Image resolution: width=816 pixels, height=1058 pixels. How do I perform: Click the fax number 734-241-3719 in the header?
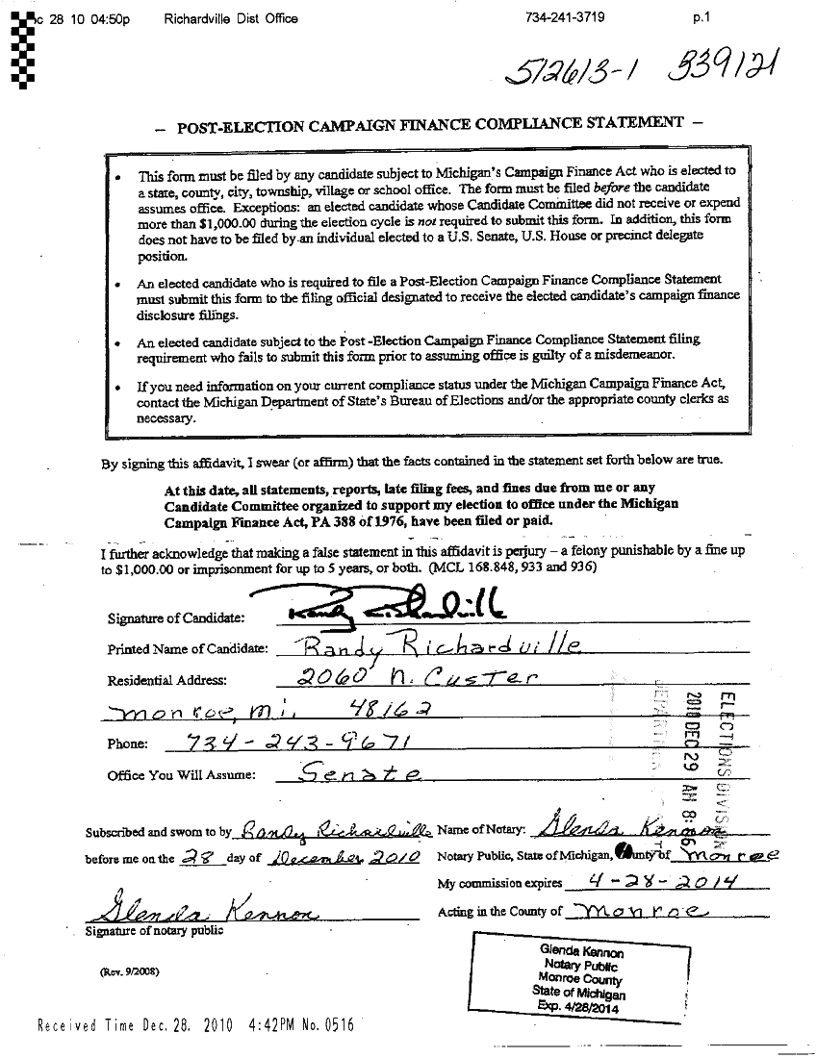tap(565, 18)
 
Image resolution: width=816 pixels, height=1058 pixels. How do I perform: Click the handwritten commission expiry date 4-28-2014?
tap(639, 883)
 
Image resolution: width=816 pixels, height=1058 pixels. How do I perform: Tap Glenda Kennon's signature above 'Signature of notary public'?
tap(204, 909)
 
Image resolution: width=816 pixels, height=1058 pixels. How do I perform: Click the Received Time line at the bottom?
tap(194, 1025)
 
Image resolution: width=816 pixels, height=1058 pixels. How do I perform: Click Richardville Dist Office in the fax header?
tap(231, 18)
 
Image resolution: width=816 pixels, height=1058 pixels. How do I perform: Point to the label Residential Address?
tap(167, 680)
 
